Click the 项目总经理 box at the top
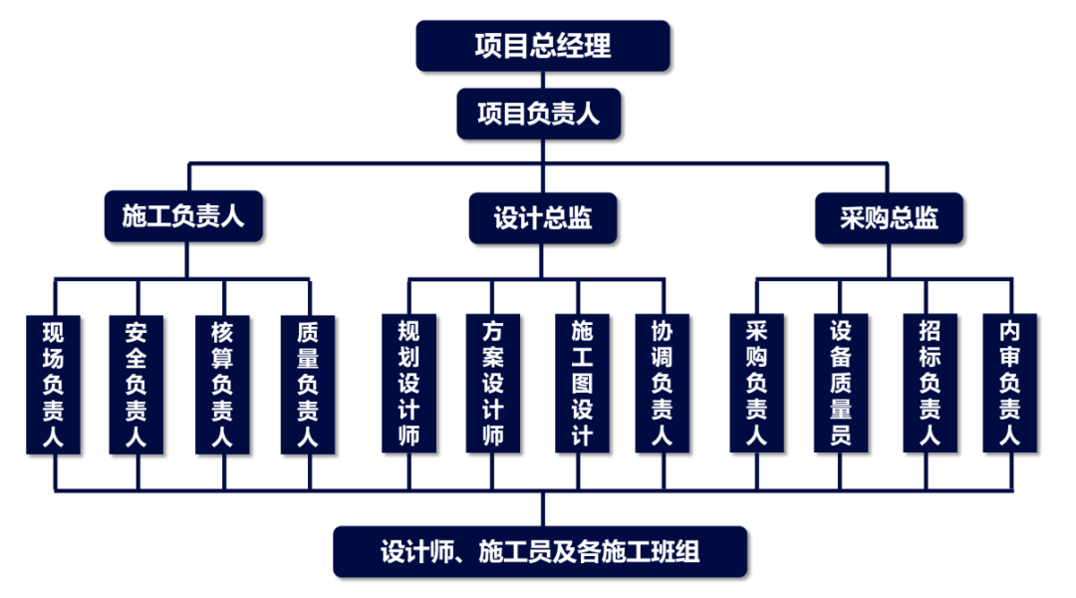[543, 46]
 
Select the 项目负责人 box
[539, 115]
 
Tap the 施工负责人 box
[183, 216]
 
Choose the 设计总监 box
[543, 218]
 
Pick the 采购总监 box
[889, 218]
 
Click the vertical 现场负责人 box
[54, 384]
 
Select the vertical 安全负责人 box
[137, 384]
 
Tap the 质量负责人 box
[308, 384]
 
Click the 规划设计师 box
[408, 384]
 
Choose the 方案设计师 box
[492, 384]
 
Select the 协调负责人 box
[662, 384]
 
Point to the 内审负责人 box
[1009, 384]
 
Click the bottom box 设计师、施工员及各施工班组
[539, 551]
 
